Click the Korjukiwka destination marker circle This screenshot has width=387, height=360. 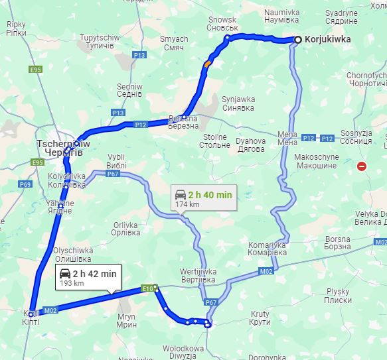pos(298,40)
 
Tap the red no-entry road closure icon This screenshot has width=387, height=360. pos(362,166)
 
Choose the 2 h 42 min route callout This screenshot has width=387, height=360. pos(87,277)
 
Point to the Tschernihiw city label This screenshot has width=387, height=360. pos(58,147)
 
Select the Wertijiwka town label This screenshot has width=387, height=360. pos(198,275)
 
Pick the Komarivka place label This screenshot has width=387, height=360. pos(267,249)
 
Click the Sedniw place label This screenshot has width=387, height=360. pos(129,90)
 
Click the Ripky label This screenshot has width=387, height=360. pos(15,27)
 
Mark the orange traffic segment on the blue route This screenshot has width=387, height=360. pos(208,64)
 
